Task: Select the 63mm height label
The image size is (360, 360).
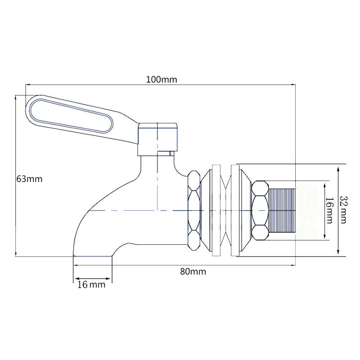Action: pyautogui.click(x=29, y=179)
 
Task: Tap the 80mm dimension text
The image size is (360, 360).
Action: pyautogui.click(x=193, y=271)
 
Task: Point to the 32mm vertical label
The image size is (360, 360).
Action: pyautogui.click(x=343, y=209)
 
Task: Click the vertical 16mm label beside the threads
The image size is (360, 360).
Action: pyautogui.click(x=329, y=210)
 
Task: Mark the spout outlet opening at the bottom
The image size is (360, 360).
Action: pyautogui.click(x=92, y=255)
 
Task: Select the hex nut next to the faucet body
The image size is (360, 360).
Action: pyautogui.click(x=193, y=210)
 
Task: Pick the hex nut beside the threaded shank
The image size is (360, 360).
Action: pyautogui.click(x=260, y=210)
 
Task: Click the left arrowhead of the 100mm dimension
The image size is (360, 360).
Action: pyautogui.click(x=27, y=85)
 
